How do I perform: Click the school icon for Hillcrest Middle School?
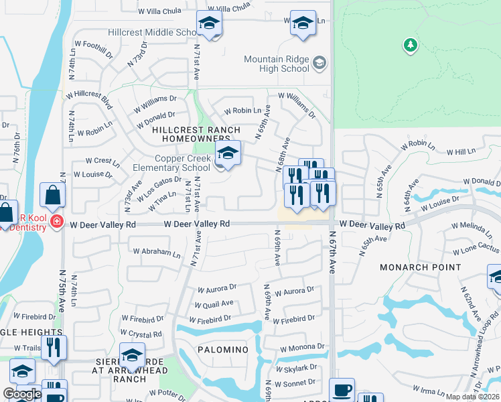coord(209,23)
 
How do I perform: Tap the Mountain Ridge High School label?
coord(277,64)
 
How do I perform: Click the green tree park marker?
coord(410,46)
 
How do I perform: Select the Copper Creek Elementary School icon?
coord(228,155)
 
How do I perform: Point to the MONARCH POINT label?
coord(420,267)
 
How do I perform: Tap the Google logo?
coord(21,395)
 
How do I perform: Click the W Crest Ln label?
coord(102,161)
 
